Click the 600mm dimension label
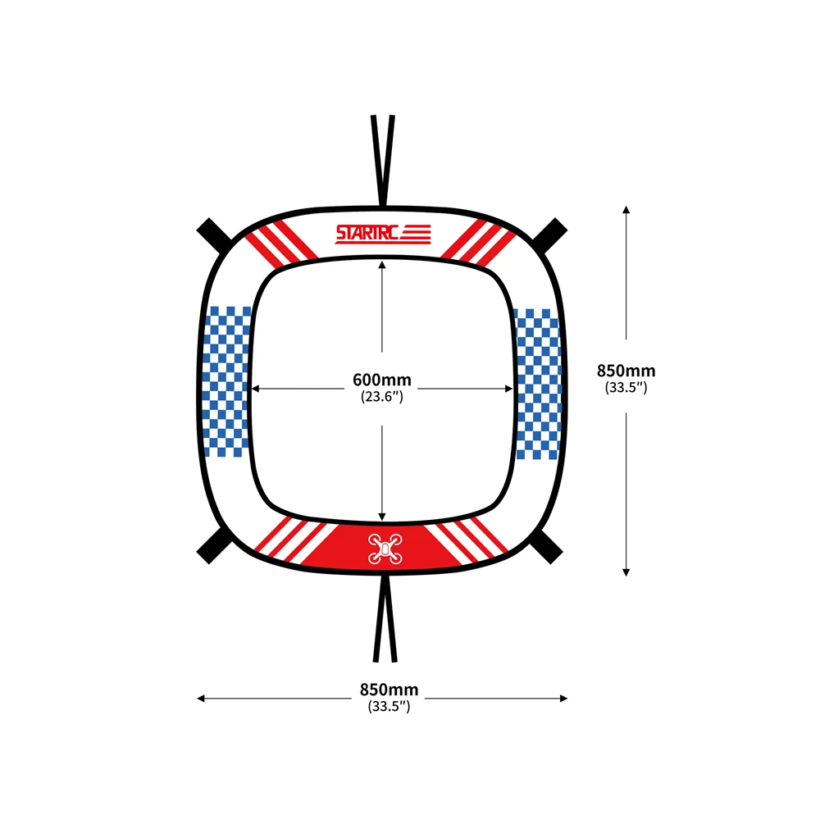pyautogui.click(x=382, y=380)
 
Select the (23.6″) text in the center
pyautogui.click(x=382, y=397)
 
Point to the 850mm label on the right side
pyautogui.click(x=626, y=371)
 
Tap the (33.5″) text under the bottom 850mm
pyautogui.click(x=389, y=706)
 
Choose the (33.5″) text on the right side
pyautogui.click(x=626, y=388)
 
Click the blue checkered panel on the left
pyautogui.click(x=226, y=380)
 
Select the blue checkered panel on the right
pyautogui.click(x=537, y=384)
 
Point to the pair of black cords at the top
pyautogui.click(x=383, y=160)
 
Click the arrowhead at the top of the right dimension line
pyautogui.click(x=626, y=209)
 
